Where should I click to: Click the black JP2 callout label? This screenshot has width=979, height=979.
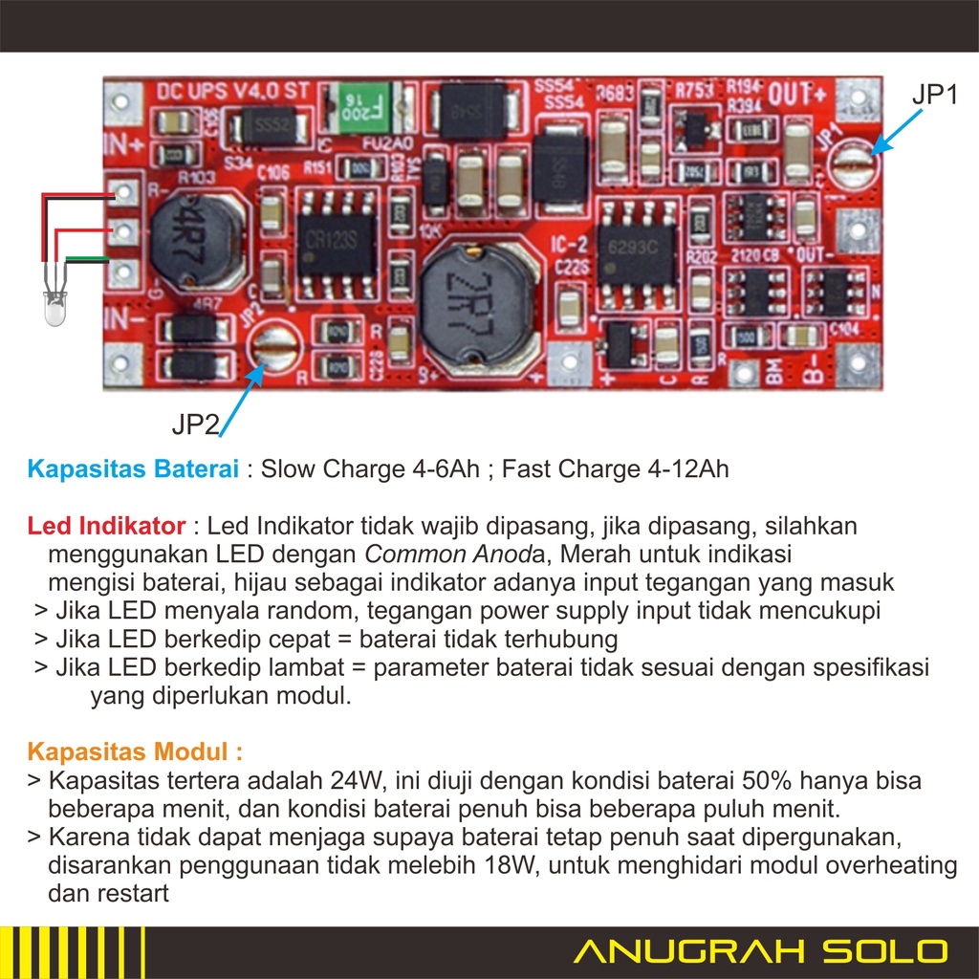tap(196, 423)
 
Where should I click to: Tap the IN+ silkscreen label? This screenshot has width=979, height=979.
tap(123, 146)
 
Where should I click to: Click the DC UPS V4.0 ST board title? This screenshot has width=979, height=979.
tap(233, 92)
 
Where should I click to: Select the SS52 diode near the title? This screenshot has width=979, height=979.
tap(268, 125)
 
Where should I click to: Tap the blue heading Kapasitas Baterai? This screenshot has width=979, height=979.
tap(133, 469)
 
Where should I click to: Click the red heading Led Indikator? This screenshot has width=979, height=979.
tap(106, 526)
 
